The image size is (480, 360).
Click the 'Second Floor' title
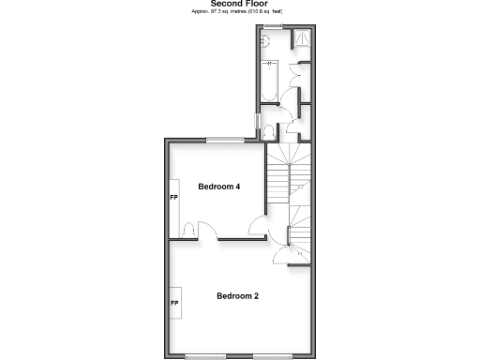pyautogui.click(x=240, y=4)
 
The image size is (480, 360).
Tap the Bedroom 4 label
pyautogui.click(x=219, y=187)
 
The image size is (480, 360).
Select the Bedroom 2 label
pyautogui.click(x=237, y=296)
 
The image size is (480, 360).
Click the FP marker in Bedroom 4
pyautogui.click(x=173, y=199)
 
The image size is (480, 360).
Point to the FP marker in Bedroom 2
pyautogui.click(x=173, y=304)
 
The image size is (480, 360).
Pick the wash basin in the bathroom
pyautogui.click(x=266, y=40)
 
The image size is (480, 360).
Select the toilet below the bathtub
pyautogui.click(x=269, y=130)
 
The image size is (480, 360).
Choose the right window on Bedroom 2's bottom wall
pyautogui.click(x=272, y=356)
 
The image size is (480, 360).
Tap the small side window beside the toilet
pyautogui.click(x=260, y=122)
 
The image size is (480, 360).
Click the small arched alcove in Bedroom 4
pyautogui.click(x=188, y=230)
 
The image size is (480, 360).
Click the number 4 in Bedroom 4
pyautogui.click(x=238, y=187)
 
